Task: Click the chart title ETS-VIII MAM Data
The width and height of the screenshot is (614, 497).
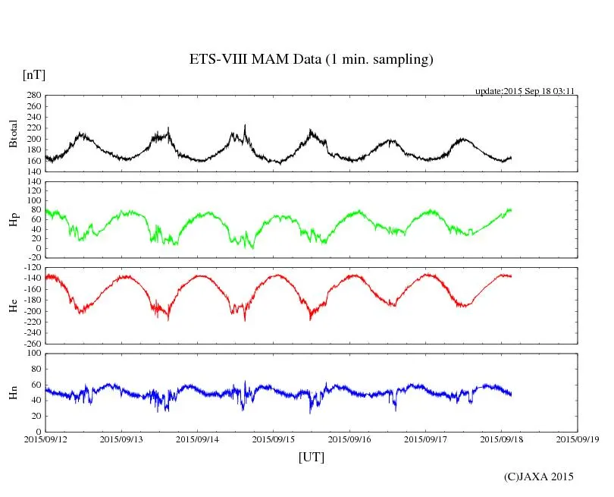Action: point(311,60)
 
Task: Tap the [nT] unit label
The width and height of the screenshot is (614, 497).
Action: point(34,75)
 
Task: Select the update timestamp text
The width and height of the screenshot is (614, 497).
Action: point(525,90)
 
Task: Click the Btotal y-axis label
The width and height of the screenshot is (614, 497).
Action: point(13,134)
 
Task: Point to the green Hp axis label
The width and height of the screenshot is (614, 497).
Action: point(13,221)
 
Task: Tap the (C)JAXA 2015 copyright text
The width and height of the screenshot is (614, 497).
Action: point(539,477)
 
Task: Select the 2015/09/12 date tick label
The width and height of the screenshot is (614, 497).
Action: point(45,439)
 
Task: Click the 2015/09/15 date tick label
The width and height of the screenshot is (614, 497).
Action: point(274,439)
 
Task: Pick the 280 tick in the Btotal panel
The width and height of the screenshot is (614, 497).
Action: point(33,96)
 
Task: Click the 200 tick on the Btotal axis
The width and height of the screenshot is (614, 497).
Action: point(33,139)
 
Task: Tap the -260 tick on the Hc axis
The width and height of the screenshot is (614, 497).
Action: point(32,343)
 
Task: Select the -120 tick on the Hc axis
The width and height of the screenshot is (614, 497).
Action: point(32,268)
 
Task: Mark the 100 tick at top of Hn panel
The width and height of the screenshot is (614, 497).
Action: point(33,354)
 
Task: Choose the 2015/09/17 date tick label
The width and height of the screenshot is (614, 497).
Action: point(425,439)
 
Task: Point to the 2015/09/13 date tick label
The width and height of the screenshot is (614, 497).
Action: point(121,439)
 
